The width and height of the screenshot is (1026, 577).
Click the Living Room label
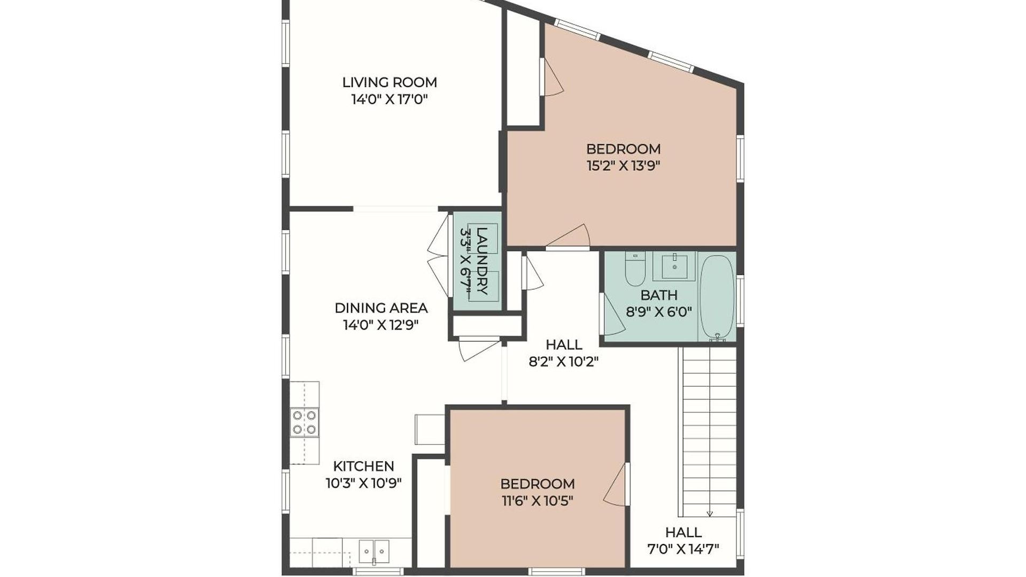[390, 82]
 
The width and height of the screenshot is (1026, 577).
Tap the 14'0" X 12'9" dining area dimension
[380, 325]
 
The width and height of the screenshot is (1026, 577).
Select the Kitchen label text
[364, 466]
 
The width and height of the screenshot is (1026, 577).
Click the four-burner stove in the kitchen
[305, 422]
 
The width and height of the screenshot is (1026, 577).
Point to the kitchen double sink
[374, 552]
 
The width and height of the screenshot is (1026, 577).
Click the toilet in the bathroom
[635, 269]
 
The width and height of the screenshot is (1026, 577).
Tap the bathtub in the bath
[717, 297]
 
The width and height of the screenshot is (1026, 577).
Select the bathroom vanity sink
[674, 266]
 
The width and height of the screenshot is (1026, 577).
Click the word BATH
[659, 295]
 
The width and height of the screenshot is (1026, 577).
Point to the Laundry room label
[482, 261]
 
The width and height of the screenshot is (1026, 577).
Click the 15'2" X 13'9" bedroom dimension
[623, 166]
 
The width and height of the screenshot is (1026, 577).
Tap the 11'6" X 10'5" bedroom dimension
[538, 501]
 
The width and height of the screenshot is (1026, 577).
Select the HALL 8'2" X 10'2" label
[564, 353]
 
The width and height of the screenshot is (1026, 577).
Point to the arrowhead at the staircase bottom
[710, 514]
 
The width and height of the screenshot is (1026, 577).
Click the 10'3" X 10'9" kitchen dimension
[364, 484]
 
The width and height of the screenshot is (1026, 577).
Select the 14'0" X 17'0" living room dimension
[390, 99]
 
